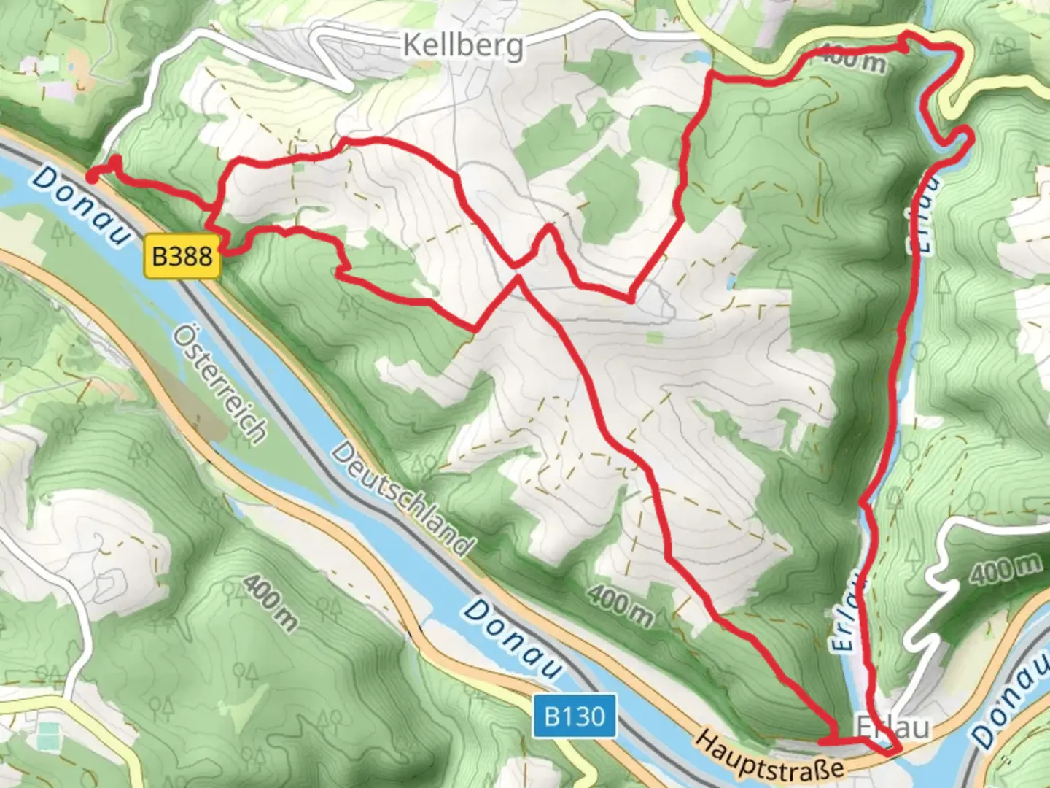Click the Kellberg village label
(463, 45)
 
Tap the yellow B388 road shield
(182, 256)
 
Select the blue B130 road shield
(575, 716)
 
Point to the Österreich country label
(219, 384)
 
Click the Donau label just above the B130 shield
(514, 639)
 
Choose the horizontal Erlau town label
(892, 727)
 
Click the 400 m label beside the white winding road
(1006, 569)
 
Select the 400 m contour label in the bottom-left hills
(270, 602)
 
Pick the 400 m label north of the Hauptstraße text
(621, 604)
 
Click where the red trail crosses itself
(517, 271)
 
